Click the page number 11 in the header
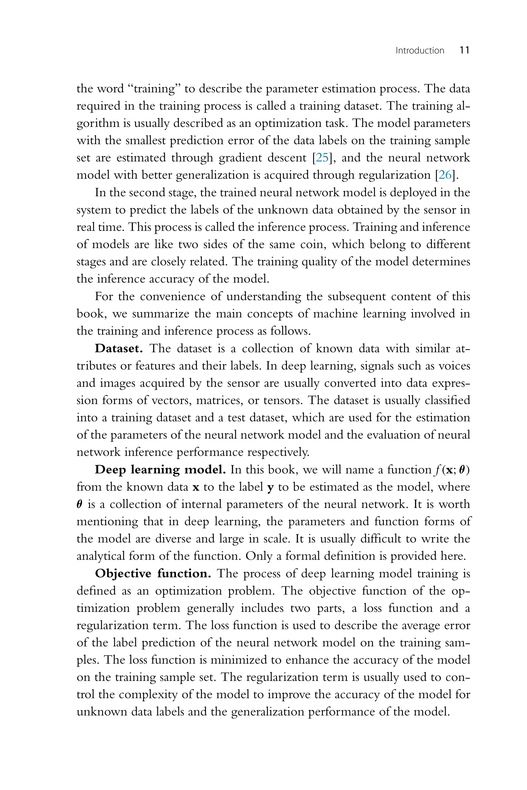464,50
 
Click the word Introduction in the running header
420,51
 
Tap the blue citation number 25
322,158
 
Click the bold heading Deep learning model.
160,470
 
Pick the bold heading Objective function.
153,573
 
